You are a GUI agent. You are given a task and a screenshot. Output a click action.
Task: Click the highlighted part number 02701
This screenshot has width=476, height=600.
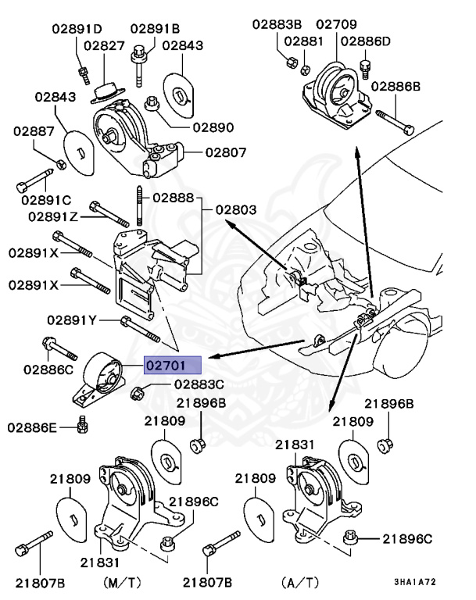172,364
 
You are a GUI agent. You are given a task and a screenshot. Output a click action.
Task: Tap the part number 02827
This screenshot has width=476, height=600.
105,46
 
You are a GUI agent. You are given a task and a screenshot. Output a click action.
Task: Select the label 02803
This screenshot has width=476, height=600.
236,209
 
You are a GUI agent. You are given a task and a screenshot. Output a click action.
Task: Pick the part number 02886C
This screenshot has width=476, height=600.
48,368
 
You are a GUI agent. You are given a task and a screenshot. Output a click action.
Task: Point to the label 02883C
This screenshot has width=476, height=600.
199,384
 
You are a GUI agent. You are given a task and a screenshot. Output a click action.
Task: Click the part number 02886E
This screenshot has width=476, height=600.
33,427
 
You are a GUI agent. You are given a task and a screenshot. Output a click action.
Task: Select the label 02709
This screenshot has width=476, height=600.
335,24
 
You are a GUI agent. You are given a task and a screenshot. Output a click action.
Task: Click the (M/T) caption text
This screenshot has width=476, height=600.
122,582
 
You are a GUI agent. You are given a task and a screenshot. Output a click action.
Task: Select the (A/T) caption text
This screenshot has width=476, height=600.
299,582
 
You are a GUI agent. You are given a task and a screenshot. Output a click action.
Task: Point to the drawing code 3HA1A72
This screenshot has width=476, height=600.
416,582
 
